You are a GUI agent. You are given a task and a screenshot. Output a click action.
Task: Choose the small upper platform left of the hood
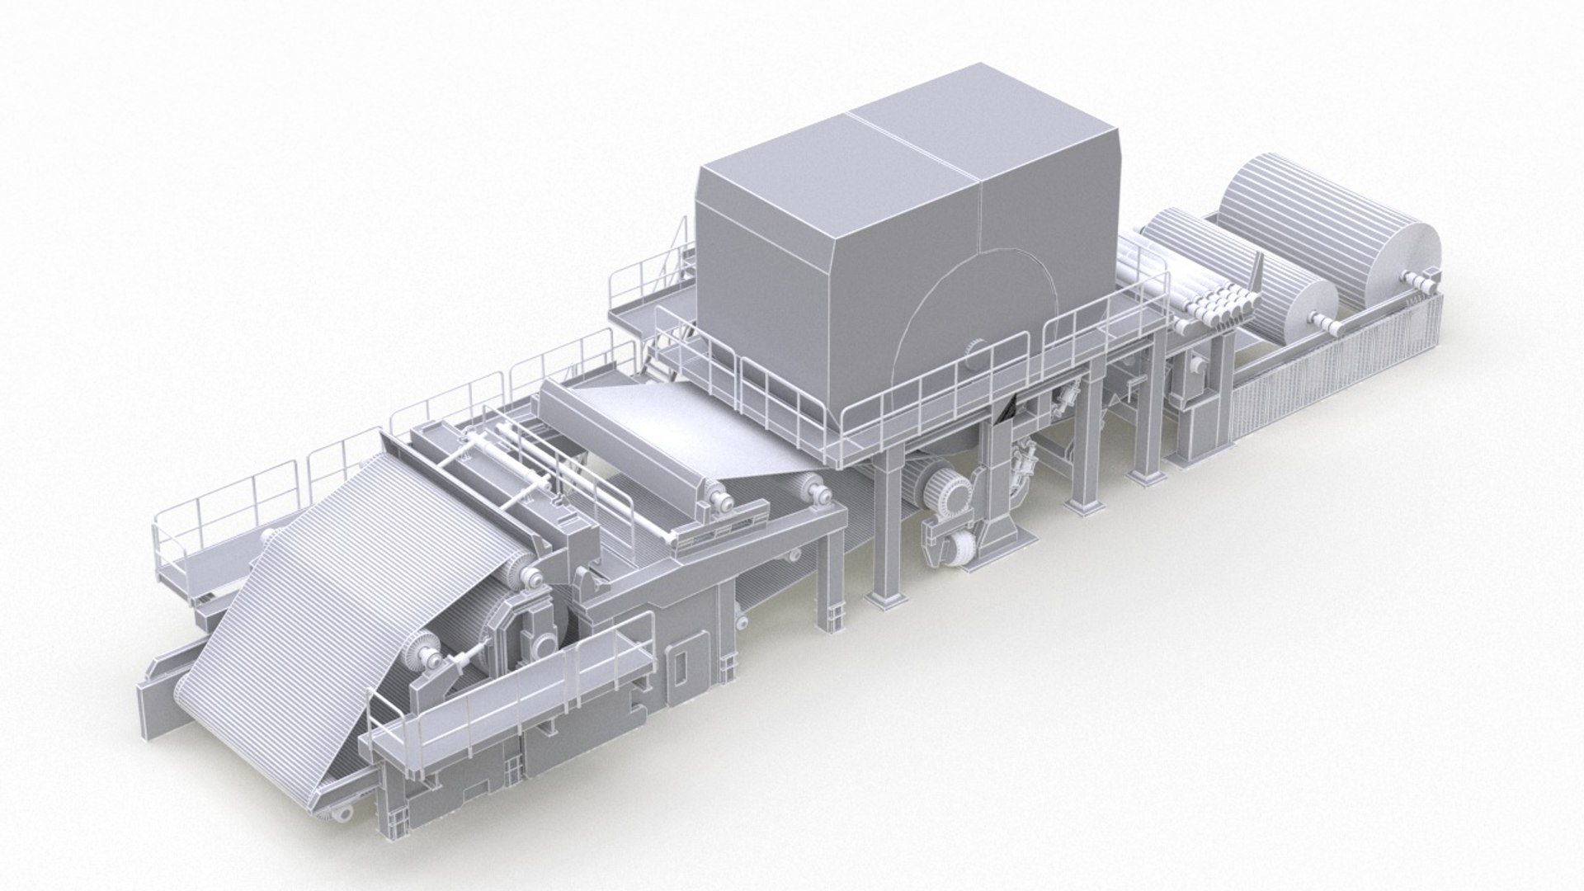(x=652, y=309)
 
